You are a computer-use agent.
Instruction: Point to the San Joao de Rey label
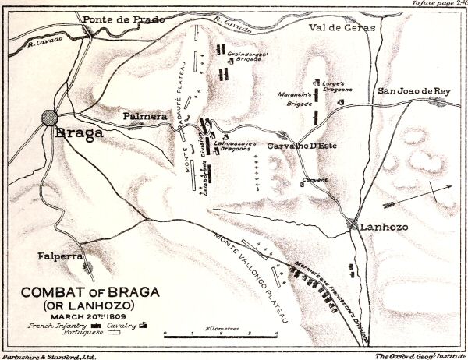414,91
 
